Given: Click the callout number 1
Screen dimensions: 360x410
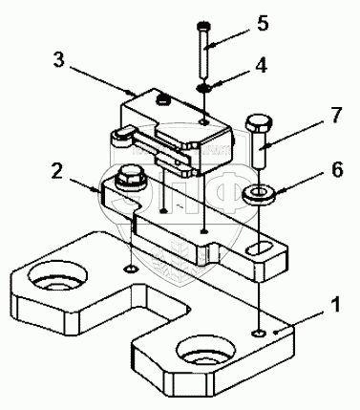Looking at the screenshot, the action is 332,305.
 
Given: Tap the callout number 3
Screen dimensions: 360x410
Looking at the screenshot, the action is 59,59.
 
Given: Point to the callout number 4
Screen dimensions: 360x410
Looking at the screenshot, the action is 262,66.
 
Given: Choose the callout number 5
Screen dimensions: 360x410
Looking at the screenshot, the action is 263,24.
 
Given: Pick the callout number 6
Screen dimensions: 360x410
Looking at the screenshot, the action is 337,169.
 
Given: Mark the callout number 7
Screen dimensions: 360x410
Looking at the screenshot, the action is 335,116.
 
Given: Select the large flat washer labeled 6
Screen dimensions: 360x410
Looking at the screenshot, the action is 260,193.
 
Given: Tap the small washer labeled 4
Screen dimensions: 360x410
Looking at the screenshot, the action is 202,88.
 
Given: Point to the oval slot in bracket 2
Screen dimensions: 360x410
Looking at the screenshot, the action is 261,248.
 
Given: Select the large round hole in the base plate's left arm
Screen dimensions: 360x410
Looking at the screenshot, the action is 57,275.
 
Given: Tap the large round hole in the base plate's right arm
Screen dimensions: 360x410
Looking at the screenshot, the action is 206,350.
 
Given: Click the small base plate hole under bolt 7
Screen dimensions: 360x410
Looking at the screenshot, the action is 259,333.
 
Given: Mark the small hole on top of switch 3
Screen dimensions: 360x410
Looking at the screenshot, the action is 202,120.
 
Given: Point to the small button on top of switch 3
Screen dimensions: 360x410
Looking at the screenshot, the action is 163,99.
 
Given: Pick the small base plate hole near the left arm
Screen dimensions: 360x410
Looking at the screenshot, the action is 131,270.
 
